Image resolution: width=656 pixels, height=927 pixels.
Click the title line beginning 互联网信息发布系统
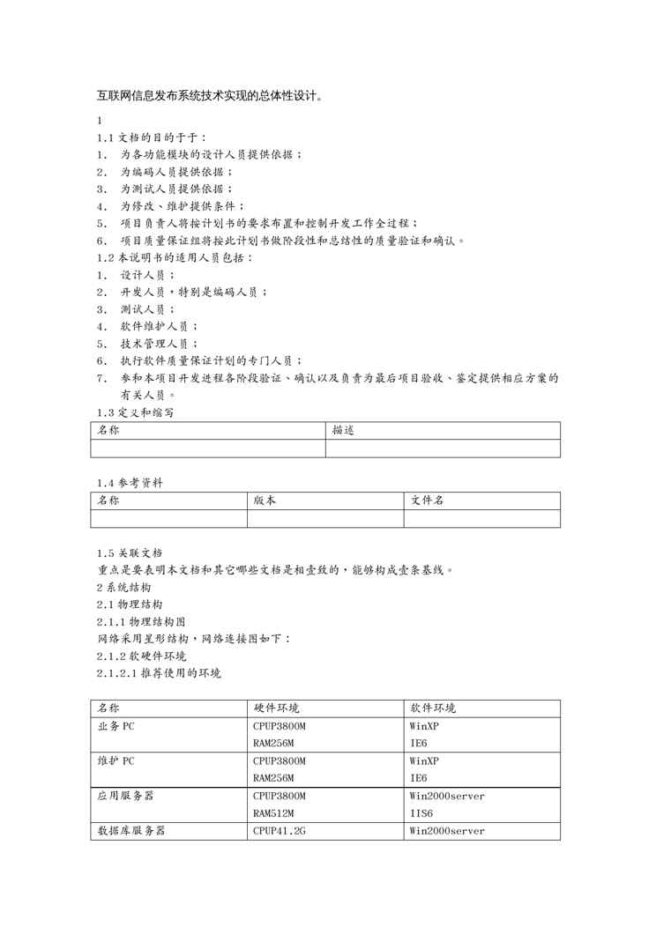(x=209, y=96)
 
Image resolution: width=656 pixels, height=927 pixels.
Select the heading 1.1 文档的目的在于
(x=152, y=137)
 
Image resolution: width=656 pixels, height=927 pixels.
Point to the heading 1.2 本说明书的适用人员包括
(x=175, y=257)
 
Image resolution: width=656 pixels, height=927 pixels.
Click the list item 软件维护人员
(x=159, y=326)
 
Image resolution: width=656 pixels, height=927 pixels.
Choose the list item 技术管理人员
(x=159, y=344)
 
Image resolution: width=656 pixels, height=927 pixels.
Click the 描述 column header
(x=343, y=431)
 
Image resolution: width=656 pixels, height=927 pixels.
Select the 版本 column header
(x=265, y=501)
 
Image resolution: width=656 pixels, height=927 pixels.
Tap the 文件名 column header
(x=427, y=501)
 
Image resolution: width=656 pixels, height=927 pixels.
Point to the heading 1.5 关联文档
(x=130, y=552)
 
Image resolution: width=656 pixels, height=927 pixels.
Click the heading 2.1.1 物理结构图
(x=141, y=621)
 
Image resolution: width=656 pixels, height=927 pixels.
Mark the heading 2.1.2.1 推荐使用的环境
(x=159, y=673)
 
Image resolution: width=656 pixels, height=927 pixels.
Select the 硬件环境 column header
(x=276, y=708)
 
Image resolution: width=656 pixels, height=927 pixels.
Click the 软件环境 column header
(x=433, y=708)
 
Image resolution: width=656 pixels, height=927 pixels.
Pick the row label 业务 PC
(x=116, y=726)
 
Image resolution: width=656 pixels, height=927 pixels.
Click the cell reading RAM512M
(x=273, y=813)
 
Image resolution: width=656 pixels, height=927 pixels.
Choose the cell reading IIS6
(x=421, y=813)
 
